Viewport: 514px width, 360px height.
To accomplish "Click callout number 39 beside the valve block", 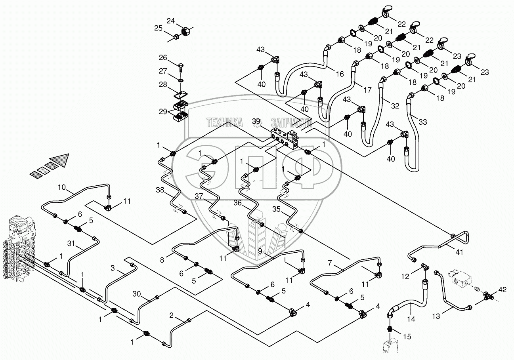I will coord(257,121).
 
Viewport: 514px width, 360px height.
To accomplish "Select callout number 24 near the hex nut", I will coord(170,21).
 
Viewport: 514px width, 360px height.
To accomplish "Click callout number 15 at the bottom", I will coord(407,337).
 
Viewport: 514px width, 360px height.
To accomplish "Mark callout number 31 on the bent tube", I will coord(71,243).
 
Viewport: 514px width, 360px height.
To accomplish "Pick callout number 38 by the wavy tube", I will coord(160,190).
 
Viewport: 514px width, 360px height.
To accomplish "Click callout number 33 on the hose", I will coord(423,122).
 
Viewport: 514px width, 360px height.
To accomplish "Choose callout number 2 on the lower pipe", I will coord(171,315).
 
